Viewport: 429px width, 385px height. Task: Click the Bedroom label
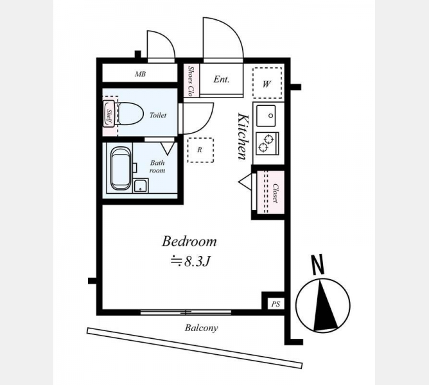tap(189, 241)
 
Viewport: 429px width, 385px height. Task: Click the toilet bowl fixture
tap(130, 114)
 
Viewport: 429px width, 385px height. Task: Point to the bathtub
tap(121, 168)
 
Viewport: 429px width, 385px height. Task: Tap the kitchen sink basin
tap(266, 116)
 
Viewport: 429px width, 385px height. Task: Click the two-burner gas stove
tap(267, 143)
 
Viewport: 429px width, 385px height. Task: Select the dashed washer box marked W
tap(267, 83)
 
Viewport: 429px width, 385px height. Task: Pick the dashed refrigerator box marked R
tap(200, 150)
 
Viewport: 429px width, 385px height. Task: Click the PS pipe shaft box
tap(276, 304)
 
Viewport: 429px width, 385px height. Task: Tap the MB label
tap(140, 74)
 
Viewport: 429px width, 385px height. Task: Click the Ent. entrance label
tap(222, 80)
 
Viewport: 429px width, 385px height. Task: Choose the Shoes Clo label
tap(191, 81)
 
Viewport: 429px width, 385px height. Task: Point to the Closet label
tap(276, 193)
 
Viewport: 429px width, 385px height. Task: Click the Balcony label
tap(202, 328)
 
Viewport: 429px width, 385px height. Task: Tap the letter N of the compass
tap(318, 264)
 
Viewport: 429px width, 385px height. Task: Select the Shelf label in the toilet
tap(109, 117)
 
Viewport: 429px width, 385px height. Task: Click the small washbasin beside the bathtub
tap(141, 185)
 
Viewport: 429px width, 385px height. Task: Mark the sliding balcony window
tap(186, 312)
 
